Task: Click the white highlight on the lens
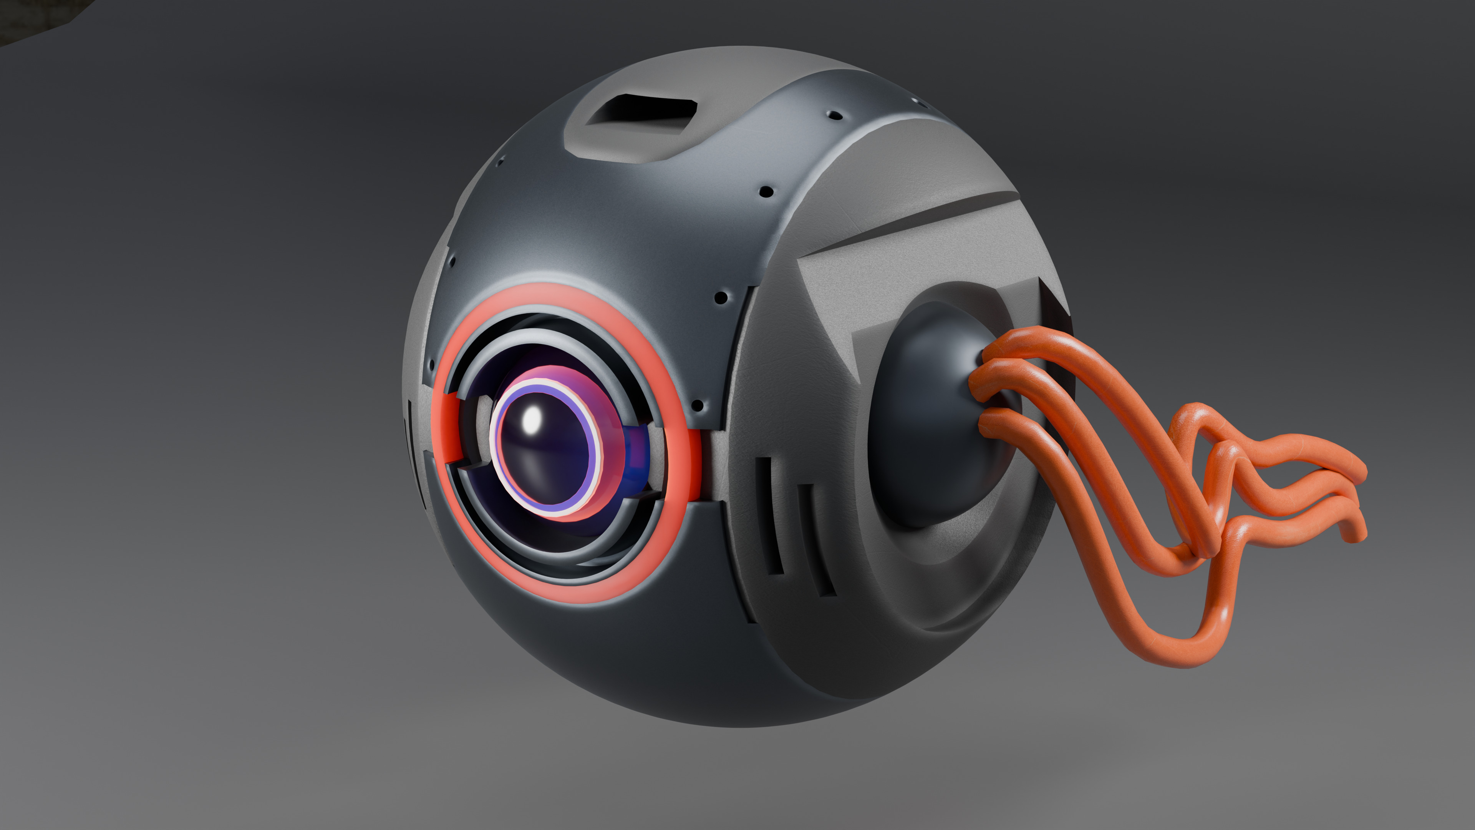click(x=532, y=421)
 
